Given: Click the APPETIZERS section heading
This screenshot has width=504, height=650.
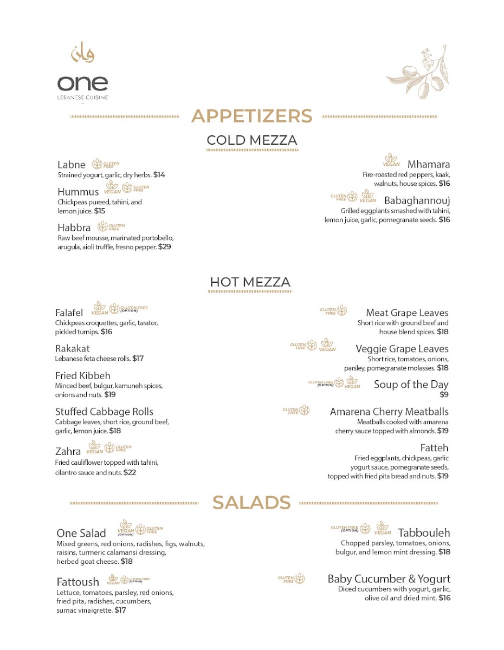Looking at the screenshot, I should (x=252, y=116).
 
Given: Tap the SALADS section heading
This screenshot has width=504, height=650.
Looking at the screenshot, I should (x=251, y=503).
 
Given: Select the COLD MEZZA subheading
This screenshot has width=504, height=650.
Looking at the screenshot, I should (x=252, y=141).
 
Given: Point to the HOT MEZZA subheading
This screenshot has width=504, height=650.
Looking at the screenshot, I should (x=250, y=282).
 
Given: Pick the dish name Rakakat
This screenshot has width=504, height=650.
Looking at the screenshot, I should (x=73, y=348).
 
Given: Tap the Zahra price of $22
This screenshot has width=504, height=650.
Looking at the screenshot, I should (x=130, y=472).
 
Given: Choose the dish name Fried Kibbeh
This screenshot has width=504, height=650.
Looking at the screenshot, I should (x=82, y=375).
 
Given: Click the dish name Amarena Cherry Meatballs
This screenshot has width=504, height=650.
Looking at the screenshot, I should (x=389, y=412).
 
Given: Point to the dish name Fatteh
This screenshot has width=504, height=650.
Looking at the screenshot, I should (x=434, y=448).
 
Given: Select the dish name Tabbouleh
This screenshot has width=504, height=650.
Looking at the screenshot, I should (x=424, y=533).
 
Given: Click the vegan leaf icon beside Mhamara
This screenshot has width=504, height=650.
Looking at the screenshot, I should (x=391, y=159).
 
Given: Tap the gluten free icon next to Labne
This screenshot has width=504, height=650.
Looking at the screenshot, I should (x=98, y=164).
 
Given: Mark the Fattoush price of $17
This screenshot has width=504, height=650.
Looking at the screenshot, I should (x=120, y=610).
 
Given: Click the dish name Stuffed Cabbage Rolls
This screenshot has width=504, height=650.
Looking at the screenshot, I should (x=104, y=412).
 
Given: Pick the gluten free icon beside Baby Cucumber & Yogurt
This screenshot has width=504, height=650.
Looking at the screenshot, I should (x=299, y=579).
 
